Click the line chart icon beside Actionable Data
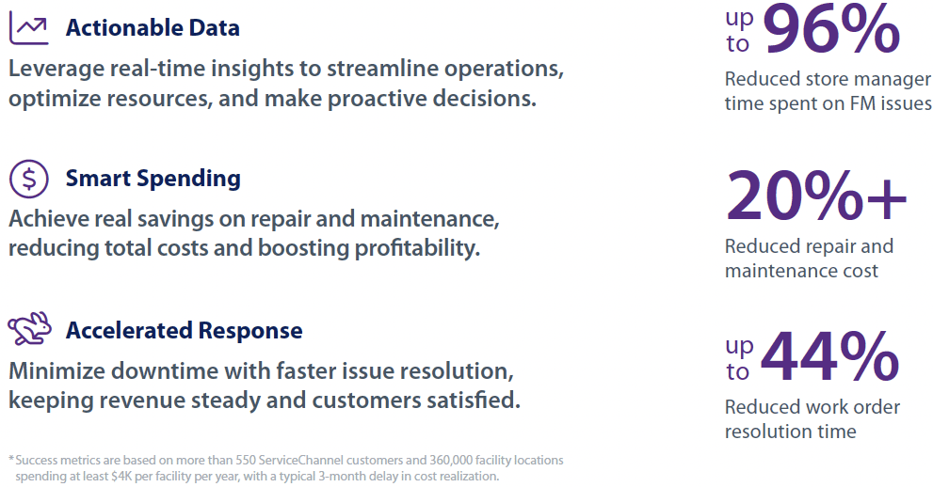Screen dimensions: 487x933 point(28,28)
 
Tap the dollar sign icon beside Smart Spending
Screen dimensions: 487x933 point(28,179)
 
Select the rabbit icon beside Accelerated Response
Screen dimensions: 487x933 point(29,330)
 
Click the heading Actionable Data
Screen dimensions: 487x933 point(153,28)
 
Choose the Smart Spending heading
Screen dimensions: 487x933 point(153,179)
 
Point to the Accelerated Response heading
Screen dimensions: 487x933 point(184,331)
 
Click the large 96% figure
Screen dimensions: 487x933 point(830,30)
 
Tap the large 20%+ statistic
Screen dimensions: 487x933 point(815,196)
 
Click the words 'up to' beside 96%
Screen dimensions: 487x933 point(739,30)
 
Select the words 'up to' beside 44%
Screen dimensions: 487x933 point(739,358)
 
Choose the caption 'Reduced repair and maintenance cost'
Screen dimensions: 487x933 point(809,259)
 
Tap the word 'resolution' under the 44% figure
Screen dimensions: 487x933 point(771,432)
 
